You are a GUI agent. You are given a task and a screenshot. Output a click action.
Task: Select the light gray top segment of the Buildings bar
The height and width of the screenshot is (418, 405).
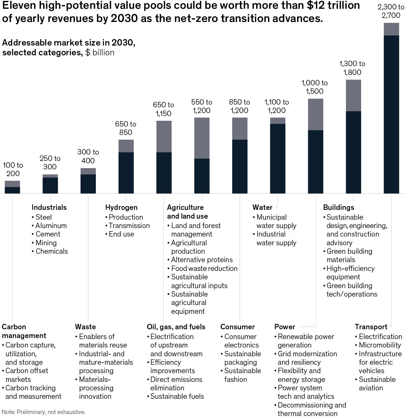[x=353, y=95]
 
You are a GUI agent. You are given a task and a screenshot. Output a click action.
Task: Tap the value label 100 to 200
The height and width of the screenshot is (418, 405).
[x=13, y=169]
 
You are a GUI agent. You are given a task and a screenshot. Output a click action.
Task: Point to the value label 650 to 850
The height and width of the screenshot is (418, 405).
[x=126, y=128]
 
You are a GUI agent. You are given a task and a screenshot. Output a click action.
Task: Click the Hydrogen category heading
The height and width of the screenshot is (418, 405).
[x=121, y=207]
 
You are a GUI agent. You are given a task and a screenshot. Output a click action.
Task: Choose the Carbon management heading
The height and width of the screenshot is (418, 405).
[x=24, y=331]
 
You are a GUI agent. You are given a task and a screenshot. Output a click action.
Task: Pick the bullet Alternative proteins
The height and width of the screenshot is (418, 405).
[x=201, y=260]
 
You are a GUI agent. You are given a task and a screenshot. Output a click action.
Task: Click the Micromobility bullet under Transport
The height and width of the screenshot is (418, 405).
[x=380, y=345]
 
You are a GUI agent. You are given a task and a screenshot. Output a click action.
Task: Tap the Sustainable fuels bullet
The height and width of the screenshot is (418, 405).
[x=177, y=396]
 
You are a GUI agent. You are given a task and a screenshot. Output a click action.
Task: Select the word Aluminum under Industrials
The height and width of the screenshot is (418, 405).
[x=51, y=226]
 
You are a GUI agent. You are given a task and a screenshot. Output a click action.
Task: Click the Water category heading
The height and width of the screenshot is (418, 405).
[x=262, y=207]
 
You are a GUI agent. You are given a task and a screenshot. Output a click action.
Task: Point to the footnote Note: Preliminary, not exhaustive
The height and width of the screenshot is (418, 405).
[x=44, y=412]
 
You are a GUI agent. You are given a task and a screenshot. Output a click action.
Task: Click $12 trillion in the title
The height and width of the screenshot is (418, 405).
[x=330, y=6]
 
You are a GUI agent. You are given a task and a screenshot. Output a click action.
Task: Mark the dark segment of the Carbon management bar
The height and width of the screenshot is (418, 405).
[x=12, y=190]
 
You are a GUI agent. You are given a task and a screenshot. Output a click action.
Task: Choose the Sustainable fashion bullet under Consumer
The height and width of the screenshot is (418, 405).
[x=242, y=375]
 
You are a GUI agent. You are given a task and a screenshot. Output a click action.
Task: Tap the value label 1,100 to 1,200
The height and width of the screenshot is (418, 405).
[x=277, y=106]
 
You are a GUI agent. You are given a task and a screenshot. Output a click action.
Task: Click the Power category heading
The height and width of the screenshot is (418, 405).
[x=285, y=327]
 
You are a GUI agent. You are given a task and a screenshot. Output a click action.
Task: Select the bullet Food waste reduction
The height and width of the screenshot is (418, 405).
[x=204, y=269]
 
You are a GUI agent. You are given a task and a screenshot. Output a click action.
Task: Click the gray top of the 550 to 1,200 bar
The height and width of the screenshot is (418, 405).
[x=202, y=138]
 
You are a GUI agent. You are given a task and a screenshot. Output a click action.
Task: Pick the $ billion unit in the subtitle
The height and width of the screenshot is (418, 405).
[x=100, y=53]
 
